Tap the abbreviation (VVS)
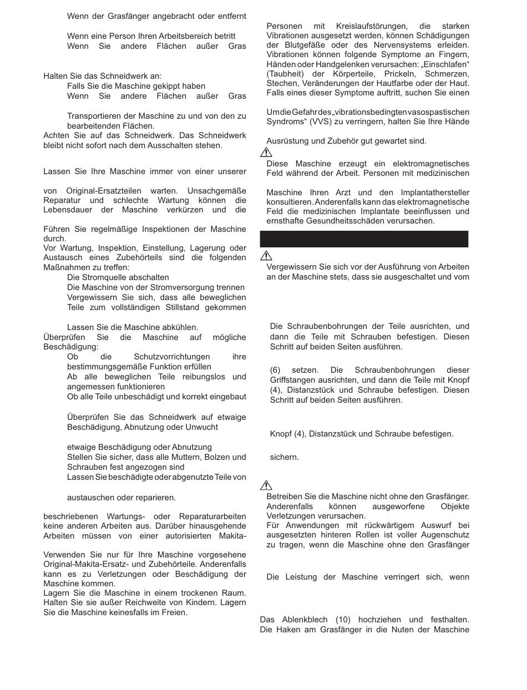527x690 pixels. point(332,122)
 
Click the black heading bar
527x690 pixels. point(364,239)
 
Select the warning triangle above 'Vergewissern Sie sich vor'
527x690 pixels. point(267,255)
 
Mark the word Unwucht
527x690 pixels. point(202,427)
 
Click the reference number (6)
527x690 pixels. point(278,370)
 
